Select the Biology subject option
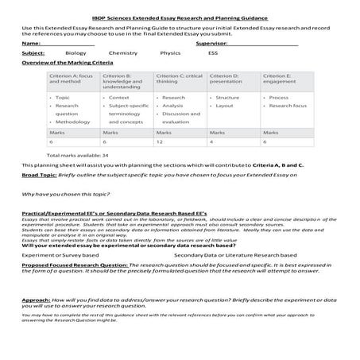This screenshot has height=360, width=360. (x=76, y=52)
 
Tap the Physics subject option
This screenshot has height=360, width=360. (x=170, y=52)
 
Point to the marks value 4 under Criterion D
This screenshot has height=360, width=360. (x=212, y=141)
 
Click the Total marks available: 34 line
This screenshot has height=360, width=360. (x=77, y=154)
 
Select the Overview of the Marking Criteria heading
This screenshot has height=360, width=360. (x=71, y=61)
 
